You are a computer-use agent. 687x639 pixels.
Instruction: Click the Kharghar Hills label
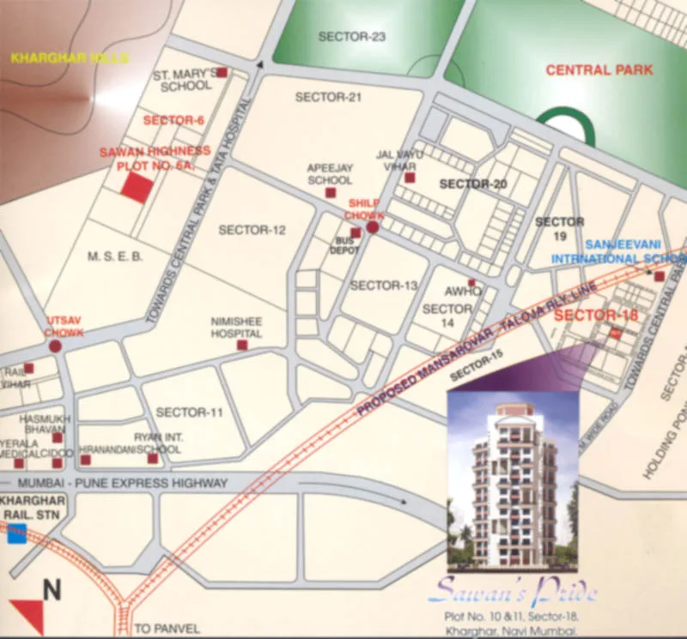tap(69, 58)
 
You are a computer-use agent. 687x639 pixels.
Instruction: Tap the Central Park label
tap(599, 70)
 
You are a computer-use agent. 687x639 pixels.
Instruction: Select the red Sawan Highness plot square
tap(136, 187)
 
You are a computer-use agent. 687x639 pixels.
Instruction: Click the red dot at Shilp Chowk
tap(373, 228)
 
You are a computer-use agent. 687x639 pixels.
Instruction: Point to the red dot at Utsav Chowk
tap(56, 347)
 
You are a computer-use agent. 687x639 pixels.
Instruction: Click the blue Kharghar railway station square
tap(15, 534)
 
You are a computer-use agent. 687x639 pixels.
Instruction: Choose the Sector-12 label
tap(252, 230)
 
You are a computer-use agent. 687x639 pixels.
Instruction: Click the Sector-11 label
tap(190, 413)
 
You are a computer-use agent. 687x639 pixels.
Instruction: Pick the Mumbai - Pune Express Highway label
tap(125, 483)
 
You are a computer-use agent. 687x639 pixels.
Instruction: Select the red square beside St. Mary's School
tap(222, 73)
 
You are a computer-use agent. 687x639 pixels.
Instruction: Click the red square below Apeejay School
tap(331, 194)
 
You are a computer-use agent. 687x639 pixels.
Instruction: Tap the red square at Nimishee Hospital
tap(241, 345)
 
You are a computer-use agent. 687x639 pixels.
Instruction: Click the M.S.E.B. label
tap(114, 256)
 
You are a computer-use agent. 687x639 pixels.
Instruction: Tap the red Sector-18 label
tap(596, 316)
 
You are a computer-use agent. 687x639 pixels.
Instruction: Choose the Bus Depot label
tap(346, 246)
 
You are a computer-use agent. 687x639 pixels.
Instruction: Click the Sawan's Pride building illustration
tap(512, 480)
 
